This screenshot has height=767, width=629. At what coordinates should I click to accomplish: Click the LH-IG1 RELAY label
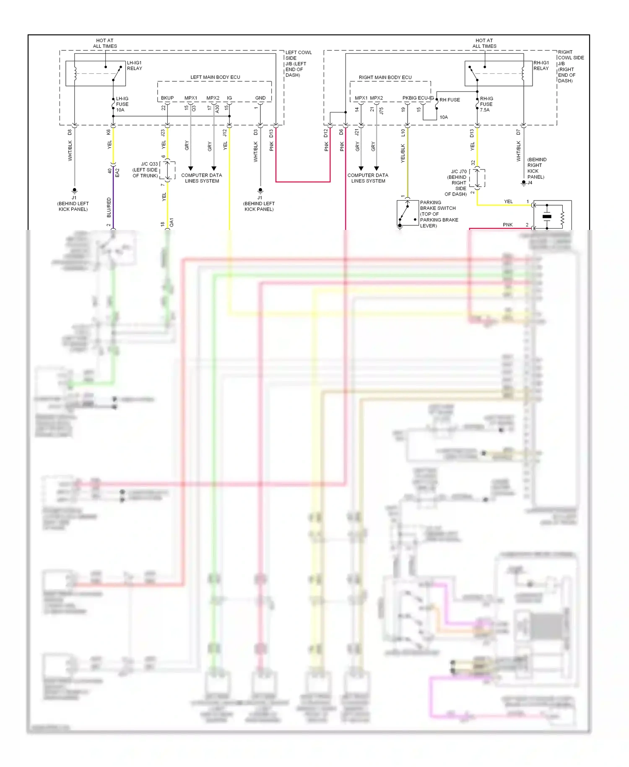click(x=134, y=65)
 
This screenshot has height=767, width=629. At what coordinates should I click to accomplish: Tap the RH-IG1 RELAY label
click(x=541, y=65)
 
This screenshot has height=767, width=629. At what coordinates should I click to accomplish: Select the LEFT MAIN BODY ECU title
click(x=215, y=77)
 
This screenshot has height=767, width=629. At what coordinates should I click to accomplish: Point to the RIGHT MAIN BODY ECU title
click(x=385, y=77)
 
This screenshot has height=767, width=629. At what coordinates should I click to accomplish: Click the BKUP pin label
click(x=167, y=98)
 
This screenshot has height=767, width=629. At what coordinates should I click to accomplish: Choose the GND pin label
click(x=260, y=98)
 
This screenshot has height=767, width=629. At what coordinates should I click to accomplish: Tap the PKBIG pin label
click(x=409, y=98)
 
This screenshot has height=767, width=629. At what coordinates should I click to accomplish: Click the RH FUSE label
click(x=450, y=100)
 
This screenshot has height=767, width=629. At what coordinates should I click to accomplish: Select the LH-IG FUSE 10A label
click(x=122, y=104)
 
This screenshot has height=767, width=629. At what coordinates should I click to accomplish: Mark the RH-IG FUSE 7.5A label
click(x=486, y=104)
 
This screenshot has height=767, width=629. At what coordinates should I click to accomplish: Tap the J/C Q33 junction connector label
click(x=145, y=170)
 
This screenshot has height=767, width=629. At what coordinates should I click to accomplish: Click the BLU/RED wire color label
click(x=109, y=207)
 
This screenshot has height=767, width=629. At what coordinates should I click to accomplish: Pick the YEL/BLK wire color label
click(x=403, y=153)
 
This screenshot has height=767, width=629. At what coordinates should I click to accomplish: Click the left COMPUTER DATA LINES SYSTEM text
click(x=202, y=178)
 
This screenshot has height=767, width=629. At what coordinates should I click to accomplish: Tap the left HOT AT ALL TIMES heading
click(x=105, y=43)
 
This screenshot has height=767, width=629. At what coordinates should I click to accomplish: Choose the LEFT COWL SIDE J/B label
click(x=298, y=64)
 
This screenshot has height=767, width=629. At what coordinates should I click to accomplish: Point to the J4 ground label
click(x=530, y=183)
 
